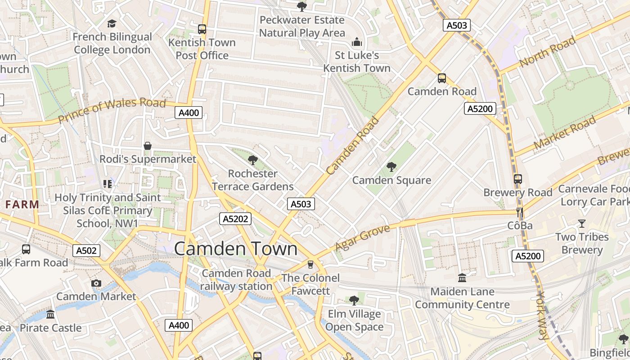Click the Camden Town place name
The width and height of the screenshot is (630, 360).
coord(236,249)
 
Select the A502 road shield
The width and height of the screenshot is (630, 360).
coord(86,251)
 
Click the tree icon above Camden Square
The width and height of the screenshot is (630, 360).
coord(391,167)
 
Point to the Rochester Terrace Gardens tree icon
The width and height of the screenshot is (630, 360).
coord(253,160)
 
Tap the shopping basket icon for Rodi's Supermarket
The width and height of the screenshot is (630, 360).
coord(148,146)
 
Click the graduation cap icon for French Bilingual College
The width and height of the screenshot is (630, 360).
coord(112,23)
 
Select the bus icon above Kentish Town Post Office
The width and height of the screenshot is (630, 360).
coord(202,29)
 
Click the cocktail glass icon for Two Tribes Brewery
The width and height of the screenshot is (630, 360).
coord(582,224)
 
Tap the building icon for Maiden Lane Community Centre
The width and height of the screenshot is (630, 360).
coord(462,278)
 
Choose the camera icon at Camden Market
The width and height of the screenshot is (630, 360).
coord(96,283)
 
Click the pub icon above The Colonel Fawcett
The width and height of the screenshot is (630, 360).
coord(310,264)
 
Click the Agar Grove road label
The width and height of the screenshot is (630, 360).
coord(363,238)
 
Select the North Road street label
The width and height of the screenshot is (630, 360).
coord(547,52)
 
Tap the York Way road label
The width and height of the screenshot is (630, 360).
coord(543,315)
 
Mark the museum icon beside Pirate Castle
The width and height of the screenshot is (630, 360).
coord(50,314)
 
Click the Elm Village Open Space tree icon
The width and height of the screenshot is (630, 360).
coord(354,300)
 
